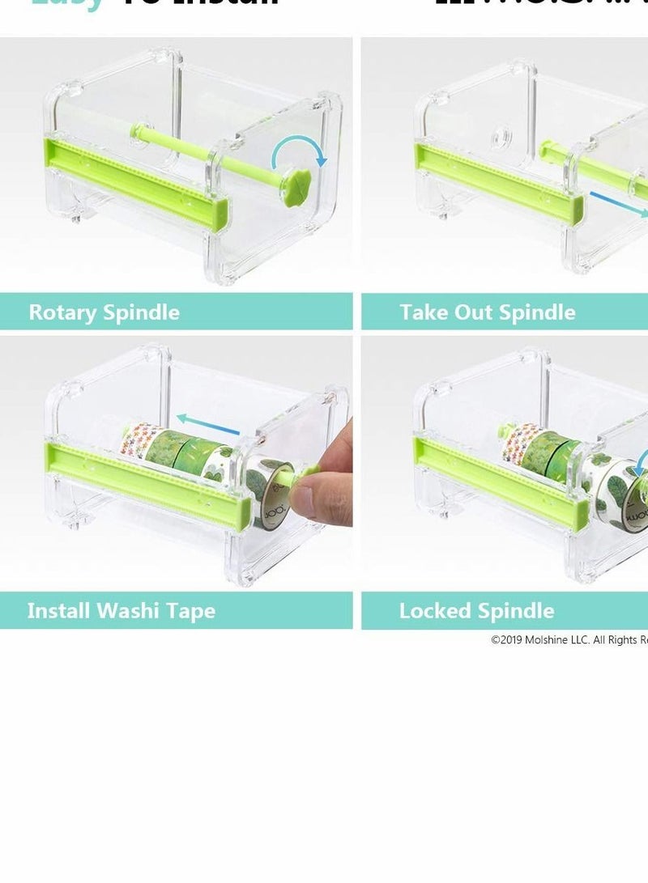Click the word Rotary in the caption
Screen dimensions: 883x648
point(63,312)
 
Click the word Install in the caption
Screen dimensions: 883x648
point(58,610)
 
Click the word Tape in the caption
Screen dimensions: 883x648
point(192,610)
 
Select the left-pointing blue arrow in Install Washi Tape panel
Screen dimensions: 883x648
point(208,423)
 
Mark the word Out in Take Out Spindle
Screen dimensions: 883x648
point(468,312)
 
